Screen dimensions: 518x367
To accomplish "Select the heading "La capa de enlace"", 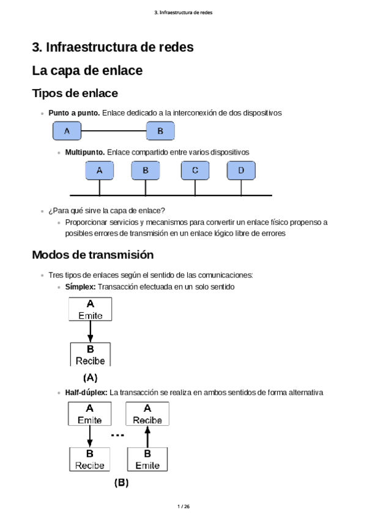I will [87, 71].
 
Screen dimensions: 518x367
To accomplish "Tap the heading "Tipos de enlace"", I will [75, 93].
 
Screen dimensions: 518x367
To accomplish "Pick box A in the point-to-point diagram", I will [67, 131].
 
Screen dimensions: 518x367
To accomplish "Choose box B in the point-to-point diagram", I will [160, 131].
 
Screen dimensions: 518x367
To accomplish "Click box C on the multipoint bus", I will [195, 170].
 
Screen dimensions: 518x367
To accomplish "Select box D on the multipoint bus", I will [241, 170].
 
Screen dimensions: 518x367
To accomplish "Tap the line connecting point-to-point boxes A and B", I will [113, 131].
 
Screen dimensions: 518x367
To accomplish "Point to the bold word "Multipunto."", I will [85, 151].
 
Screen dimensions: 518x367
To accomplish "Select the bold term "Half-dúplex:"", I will [86, 392].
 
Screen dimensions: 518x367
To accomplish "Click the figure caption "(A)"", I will [90, 378].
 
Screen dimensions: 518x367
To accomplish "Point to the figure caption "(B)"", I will [121, 483].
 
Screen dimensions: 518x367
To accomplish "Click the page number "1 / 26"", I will [183, 506].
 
